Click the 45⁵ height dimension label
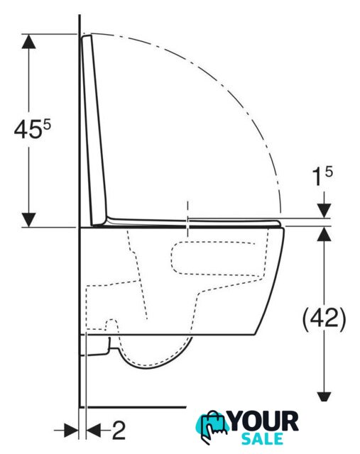(x=32, y=129)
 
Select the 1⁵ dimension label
(x=322, y=177)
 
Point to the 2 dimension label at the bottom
(x=119, y=431)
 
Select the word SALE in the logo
(x=262, y=439)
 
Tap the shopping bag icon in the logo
(x=214, y=424)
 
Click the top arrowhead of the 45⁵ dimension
(x=28, y=41)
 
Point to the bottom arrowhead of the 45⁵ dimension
(x=28, y=220)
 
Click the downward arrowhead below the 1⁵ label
(x=324, y=211)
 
